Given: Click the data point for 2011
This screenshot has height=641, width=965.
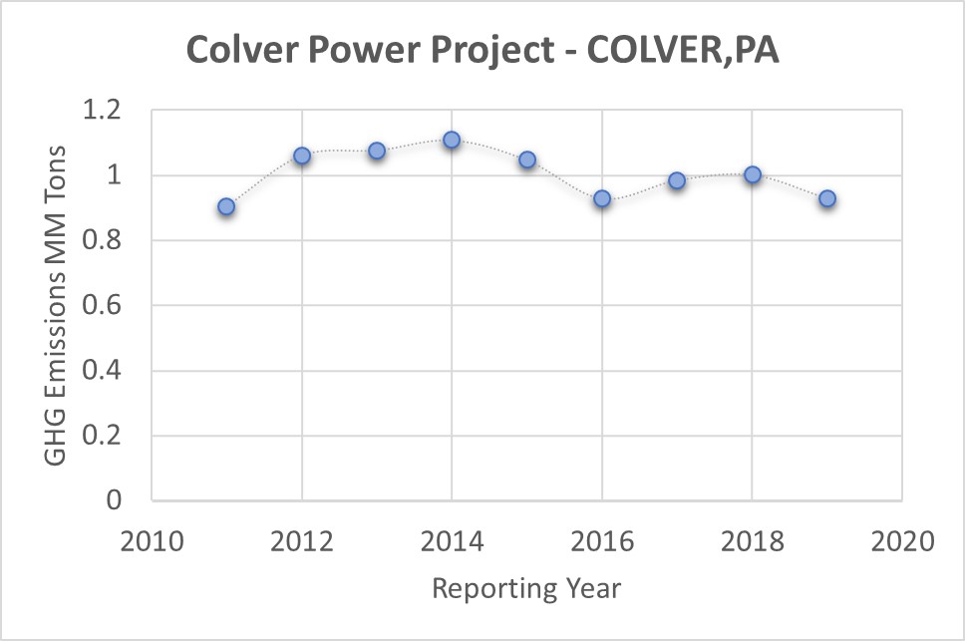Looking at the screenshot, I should pyautogui.click(x=226, y=206).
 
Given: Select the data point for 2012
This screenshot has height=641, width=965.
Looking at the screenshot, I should pyautogui.click(x=302, y=156).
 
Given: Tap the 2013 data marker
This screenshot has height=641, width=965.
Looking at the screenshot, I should pyautogui.click(x=377, y=151).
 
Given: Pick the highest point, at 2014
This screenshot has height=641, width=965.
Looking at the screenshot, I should pyautogui.click(x=452, y=140).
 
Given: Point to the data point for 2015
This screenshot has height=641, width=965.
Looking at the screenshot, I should pyautogui.click(x=527, y=160).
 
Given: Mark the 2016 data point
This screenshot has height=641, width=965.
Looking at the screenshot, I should pyautogui.click(x=602, y=198).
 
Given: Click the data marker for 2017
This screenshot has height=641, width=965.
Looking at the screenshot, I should pyautogui.click(x=677, y=180).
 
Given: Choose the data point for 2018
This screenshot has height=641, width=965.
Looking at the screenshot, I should pyautogui.click(x=753, y=174).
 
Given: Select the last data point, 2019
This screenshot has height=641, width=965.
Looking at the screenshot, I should pyautogui.click(x=827, y=198).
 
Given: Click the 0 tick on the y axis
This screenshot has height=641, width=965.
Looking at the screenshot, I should pyautogui.click(x=126, y=500).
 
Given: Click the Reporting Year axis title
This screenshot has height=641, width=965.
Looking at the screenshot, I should pyautogui.click(x=526, y=588).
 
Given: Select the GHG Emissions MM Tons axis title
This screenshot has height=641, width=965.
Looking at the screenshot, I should pyautogui.click(x=57, y=304).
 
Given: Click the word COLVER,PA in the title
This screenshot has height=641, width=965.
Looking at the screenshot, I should pyautogui.click(x=683, y=51).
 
